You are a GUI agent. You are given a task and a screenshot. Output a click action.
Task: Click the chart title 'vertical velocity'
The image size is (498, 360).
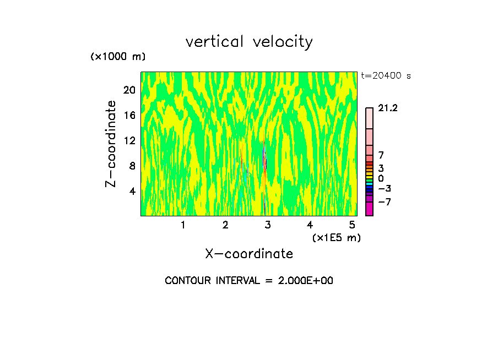(x=249, y=42)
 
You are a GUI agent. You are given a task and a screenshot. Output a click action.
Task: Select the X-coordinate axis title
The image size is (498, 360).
(x=249, y=254)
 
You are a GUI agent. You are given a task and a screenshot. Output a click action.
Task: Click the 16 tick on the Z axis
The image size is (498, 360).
(x=128, y=115)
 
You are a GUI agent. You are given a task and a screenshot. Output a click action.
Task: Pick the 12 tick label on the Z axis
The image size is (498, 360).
(x=128, y=140)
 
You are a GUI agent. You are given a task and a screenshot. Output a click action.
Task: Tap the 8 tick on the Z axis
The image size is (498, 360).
(x=131, y=166)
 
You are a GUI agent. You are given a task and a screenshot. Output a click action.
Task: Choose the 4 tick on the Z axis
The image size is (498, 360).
(x=131, y=191)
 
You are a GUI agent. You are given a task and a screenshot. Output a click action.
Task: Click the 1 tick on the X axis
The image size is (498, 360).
(x=183, y=225)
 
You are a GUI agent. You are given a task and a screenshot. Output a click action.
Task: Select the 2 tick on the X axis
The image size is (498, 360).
(x=225, y=225)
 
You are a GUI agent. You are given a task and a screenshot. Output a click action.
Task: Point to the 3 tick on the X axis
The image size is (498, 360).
(x=268, y=225)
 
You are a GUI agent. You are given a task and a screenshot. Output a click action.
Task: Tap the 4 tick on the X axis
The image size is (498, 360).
(x=310, y=225)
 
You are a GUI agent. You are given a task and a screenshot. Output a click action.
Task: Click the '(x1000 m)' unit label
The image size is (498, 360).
(x=118, y=57)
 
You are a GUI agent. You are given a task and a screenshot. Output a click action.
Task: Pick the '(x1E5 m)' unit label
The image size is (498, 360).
(x=336, y=237)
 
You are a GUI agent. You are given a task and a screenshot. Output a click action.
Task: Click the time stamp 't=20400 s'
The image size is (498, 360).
(x=386, y=76)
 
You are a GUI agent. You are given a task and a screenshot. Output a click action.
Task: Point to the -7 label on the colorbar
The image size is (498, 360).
(x=385, y=202)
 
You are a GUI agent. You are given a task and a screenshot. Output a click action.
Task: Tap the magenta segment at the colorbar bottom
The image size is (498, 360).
(x=369, y=209)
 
